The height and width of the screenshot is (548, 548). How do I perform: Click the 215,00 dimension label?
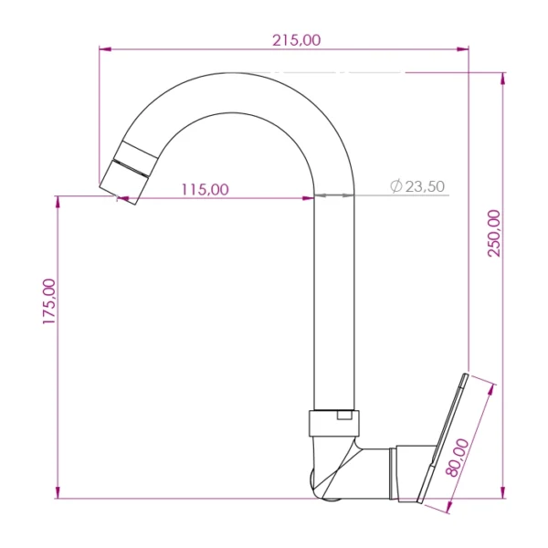(296, 40)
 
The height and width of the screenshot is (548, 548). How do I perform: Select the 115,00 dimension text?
(205, 189)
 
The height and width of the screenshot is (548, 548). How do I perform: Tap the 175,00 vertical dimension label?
(49, 301)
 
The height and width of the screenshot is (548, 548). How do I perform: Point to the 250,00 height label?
(494, 233)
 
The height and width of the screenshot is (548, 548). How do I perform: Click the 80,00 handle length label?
(458, 458)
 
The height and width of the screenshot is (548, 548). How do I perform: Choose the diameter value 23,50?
(425, 186)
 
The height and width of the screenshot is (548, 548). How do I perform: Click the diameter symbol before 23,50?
(396, 186)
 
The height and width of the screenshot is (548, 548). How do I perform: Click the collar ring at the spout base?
(334, 423)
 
